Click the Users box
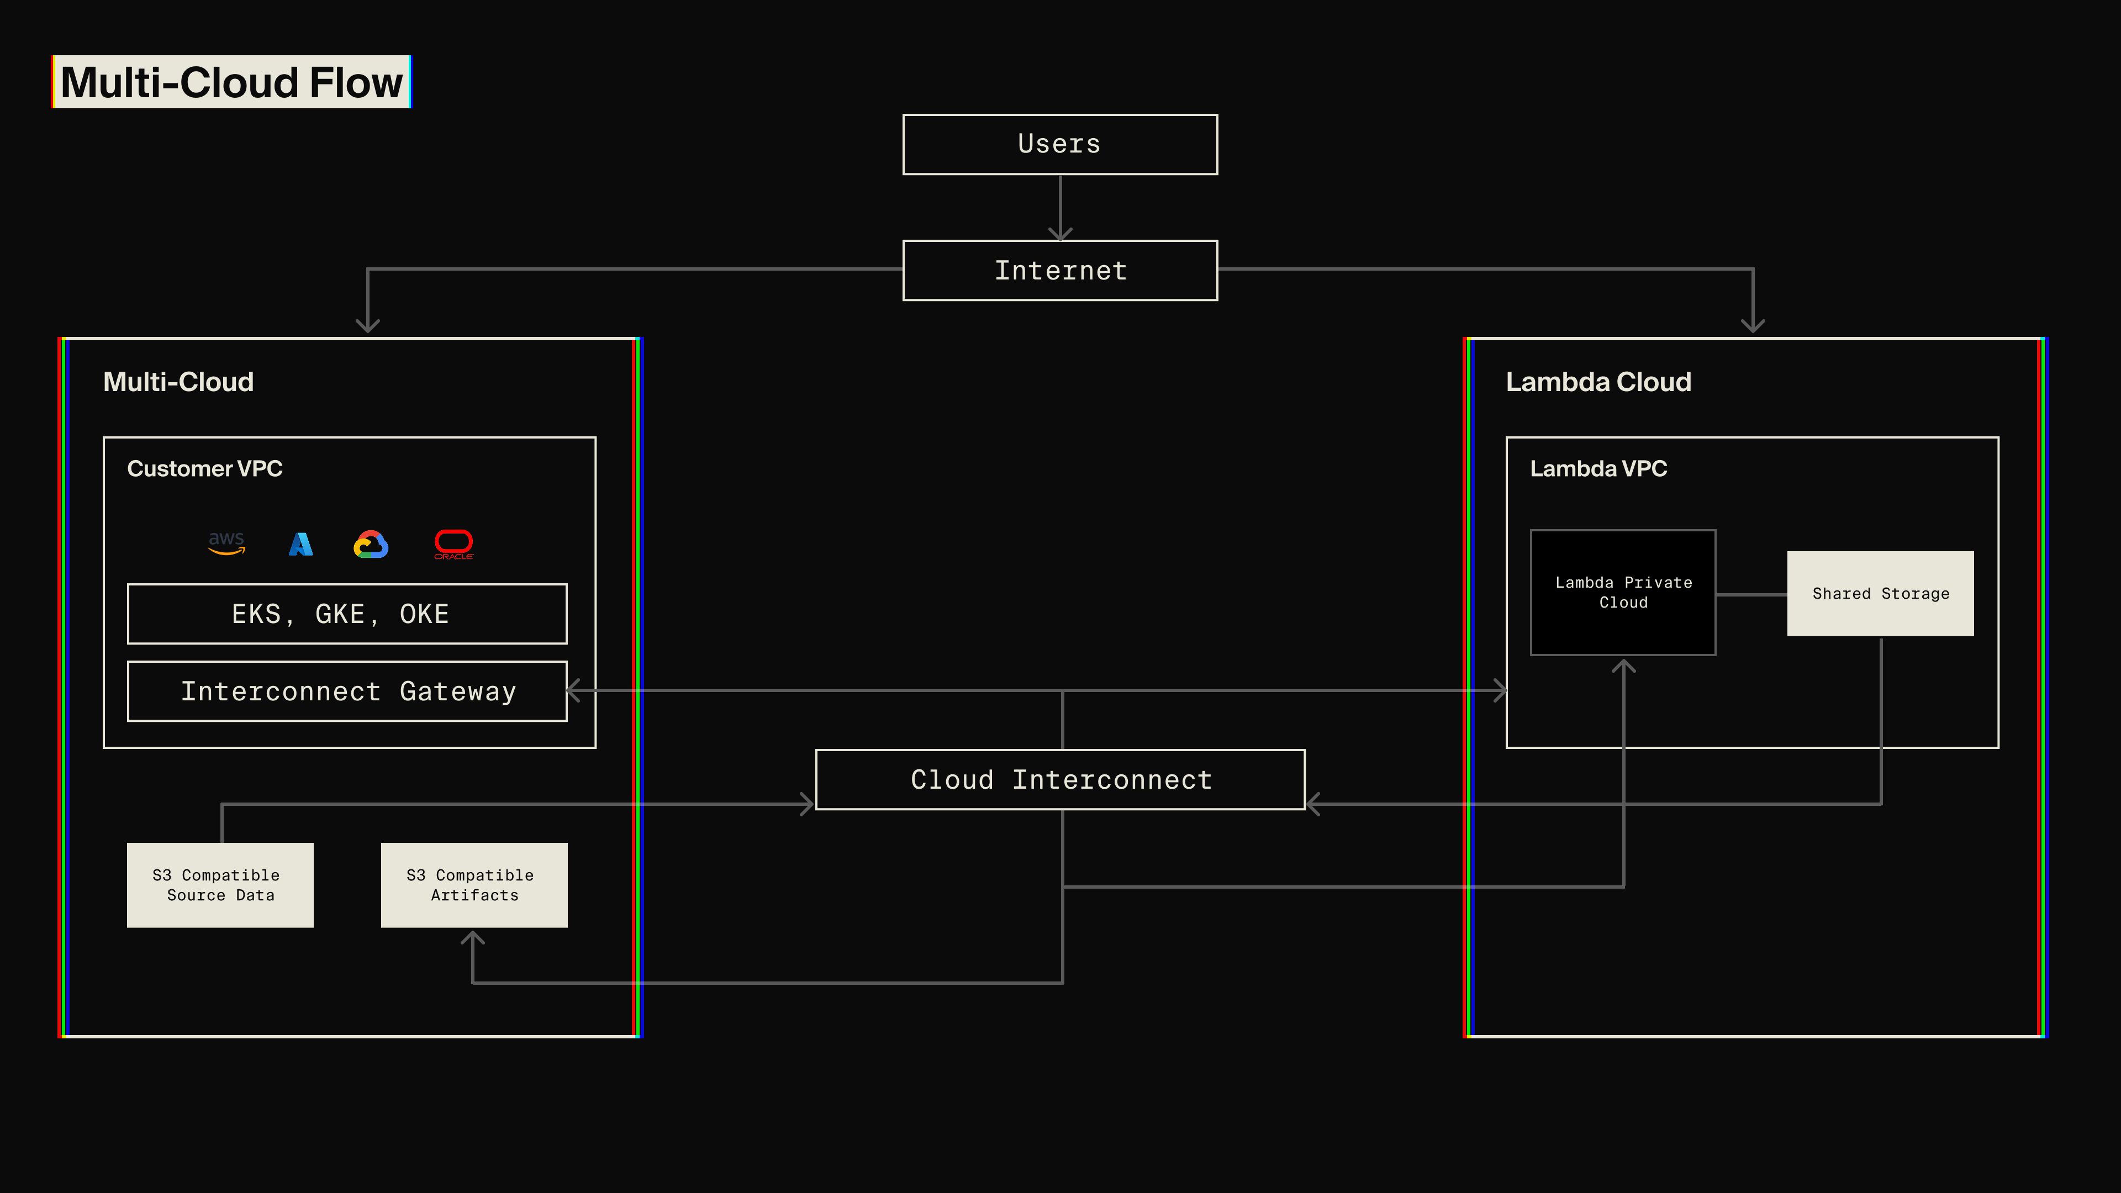coord(1060,144)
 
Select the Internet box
coord(1060,270)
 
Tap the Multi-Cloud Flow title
coord(231,82)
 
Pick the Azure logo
coord(300,543)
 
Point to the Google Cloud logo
coord(371,544)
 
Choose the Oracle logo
coord(453,543)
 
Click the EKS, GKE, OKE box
coord(347,614)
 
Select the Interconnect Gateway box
coord(347,691)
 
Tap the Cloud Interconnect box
coord(1060,779)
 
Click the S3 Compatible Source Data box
coord(220,884)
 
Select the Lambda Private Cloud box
coord(1622,592)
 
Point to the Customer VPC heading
coord(204,468)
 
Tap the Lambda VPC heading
coord(1597,468)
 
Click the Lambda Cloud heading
coord(1597,382)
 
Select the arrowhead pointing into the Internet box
coord(1060,234)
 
